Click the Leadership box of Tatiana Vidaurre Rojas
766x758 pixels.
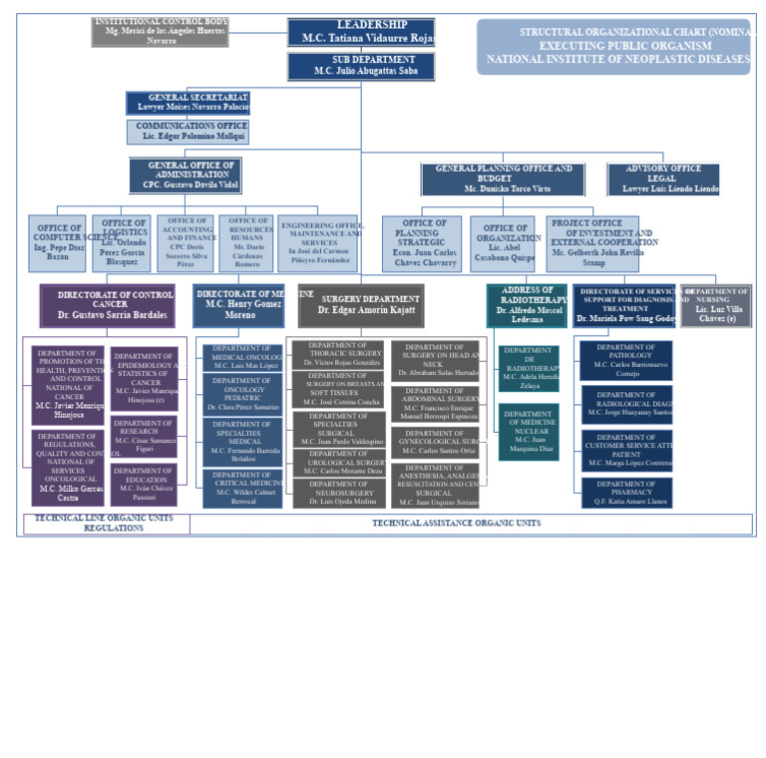click(x=361, y=32)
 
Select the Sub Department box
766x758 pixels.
click(x=361, y=66)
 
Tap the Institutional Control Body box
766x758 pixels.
click(x=161, y=31)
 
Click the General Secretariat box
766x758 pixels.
click(x=188, y=103)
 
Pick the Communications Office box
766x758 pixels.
click(x=188, y=132)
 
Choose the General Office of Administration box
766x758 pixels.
click(x=186, y=176)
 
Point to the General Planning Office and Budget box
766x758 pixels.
click(x=502, y=180)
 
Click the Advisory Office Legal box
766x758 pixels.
click(x=663, y=180)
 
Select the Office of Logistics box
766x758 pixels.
click(x=122, y=243)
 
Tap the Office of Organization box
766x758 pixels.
click(x=503, y=243)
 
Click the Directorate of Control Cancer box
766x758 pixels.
click(x=108, y=305)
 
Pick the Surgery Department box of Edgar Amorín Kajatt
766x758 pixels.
click(x=361, y=305)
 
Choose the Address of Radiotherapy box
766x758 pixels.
click(x=527, y=305)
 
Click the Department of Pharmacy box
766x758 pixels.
click(x=626, y=493)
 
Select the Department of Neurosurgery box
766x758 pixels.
click(x=338, y=493)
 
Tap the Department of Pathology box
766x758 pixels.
click(x=626, y=360)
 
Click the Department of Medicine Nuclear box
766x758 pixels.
click(x=529, y=431)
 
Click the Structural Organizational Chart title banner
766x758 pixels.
click(x=613, y=46)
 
